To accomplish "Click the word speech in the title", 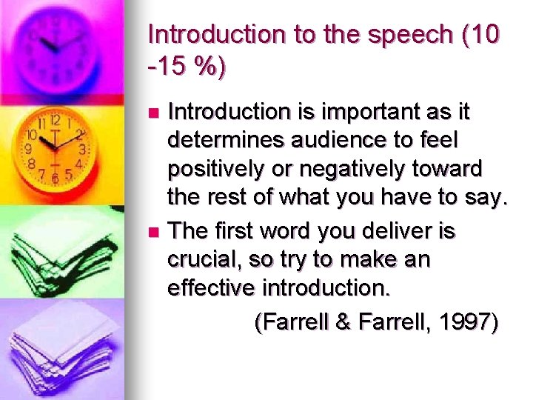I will point(398,35).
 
